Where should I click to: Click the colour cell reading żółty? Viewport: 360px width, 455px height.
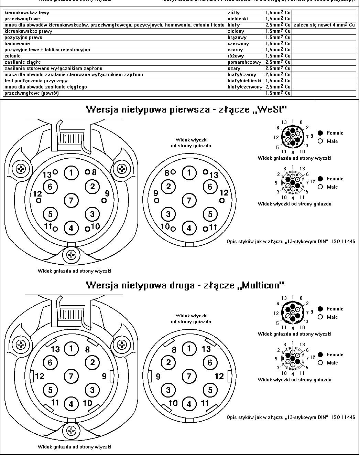(234, 13)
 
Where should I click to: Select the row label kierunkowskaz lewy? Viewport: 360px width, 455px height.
(27, 13)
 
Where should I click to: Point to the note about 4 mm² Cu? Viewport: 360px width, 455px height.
(324, 25)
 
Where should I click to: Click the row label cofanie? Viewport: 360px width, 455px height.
(13, 56)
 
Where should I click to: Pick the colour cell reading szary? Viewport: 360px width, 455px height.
(234, 68)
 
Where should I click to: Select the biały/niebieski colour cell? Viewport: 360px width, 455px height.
(244, 81)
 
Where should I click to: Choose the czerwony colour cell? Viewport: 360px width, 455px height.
(238, 44)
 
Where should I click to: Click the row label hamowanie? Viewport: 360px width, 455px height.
(17, 44)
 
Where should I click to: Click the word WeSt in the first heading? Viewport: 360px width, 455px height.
(270, 110)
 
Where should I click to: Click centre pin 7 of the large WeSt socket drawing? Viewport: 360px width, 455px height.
(71, 200)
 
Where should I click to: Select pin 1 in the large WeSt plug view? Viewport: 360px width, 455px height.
(189, 172)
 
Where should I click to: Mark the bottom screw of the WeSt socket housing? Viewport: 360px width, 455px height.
(72, 255)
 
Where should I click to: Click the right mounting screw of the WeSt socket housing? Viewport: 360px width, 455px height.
(122, 169)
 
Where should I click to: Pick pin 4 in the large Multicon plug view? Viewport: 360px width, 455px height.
(189, 404)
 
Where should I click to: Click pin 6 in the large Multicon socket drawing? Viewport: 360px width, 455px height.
(50, 362)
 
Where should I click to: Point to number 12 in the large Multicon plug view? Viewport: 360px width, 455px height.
(219, 376)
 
